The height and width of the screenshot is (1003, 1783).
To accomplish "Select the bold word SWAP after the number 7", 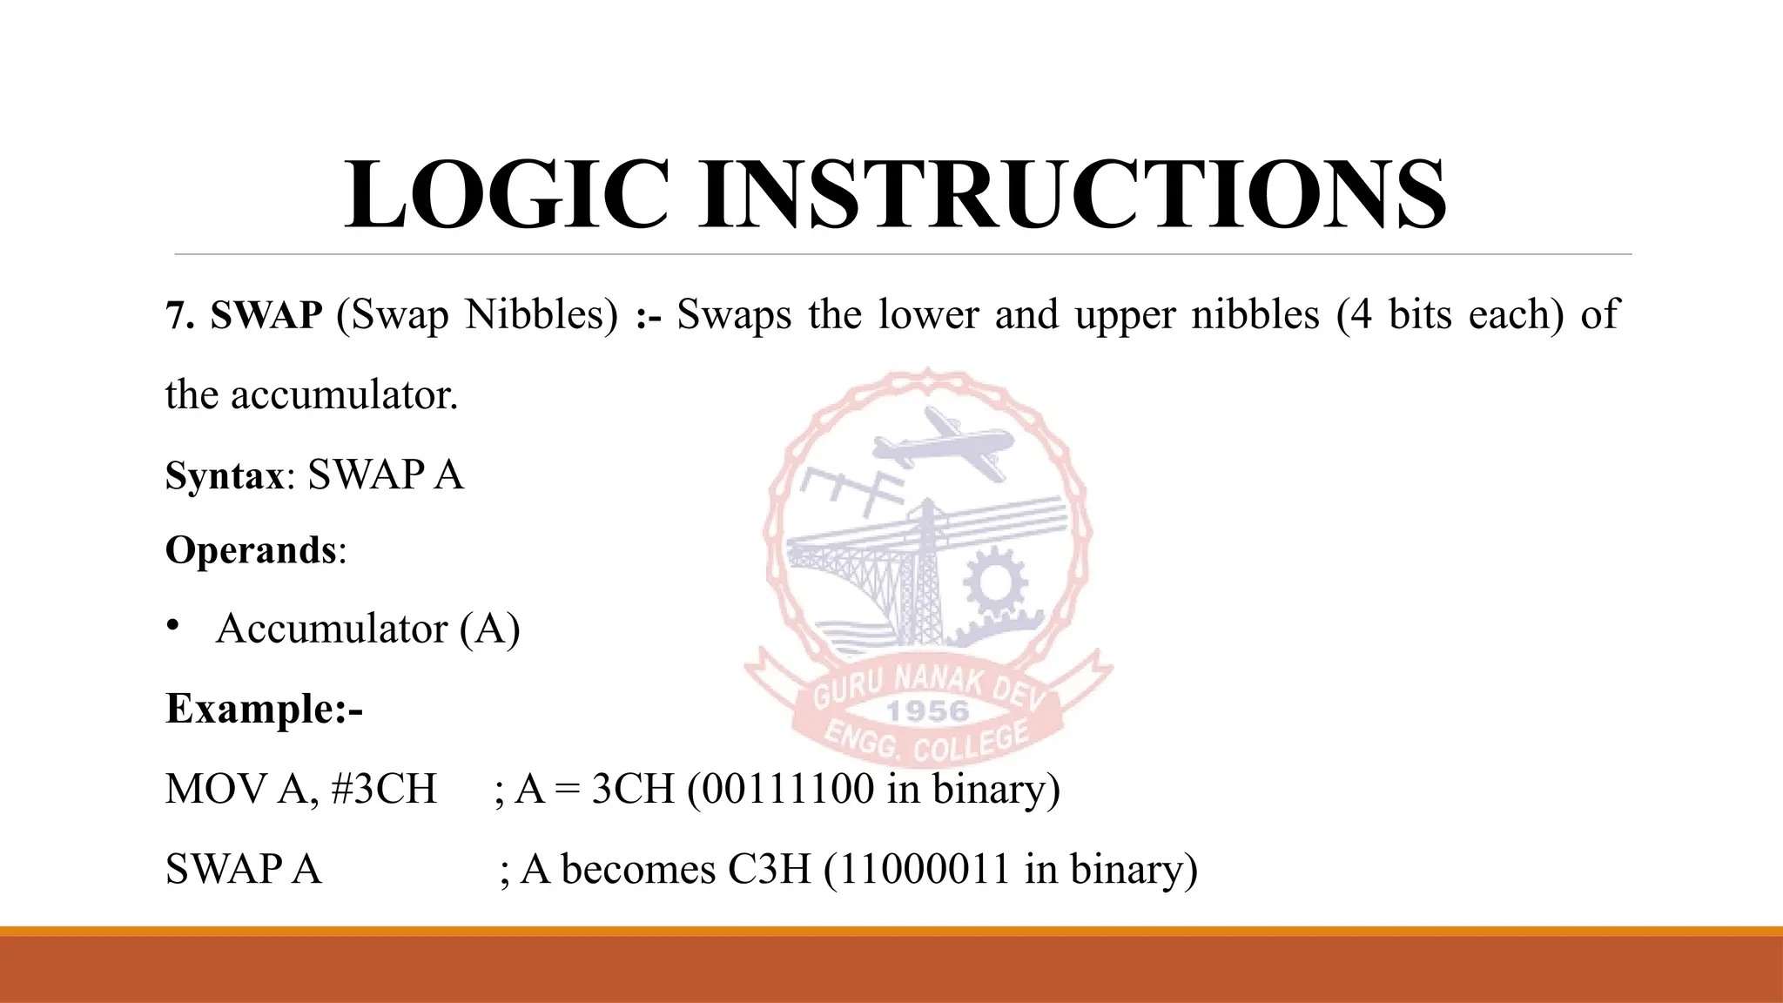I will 266,314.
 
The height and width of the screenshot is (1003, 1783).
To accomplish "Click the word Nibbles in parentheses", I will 541,314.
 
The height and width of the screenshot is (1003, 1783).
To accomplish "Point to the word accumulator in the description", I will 344,395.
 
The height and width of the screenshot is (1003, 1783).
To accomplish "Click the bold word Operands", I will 251,550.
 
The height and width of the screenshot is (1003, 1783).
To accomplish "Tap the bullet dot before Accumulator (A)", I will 173,626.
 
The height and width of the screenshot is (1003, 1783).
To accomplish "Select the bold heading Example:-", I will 264,708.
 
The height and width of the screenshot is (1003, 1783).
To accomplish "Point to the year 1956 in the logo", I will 927,711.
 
